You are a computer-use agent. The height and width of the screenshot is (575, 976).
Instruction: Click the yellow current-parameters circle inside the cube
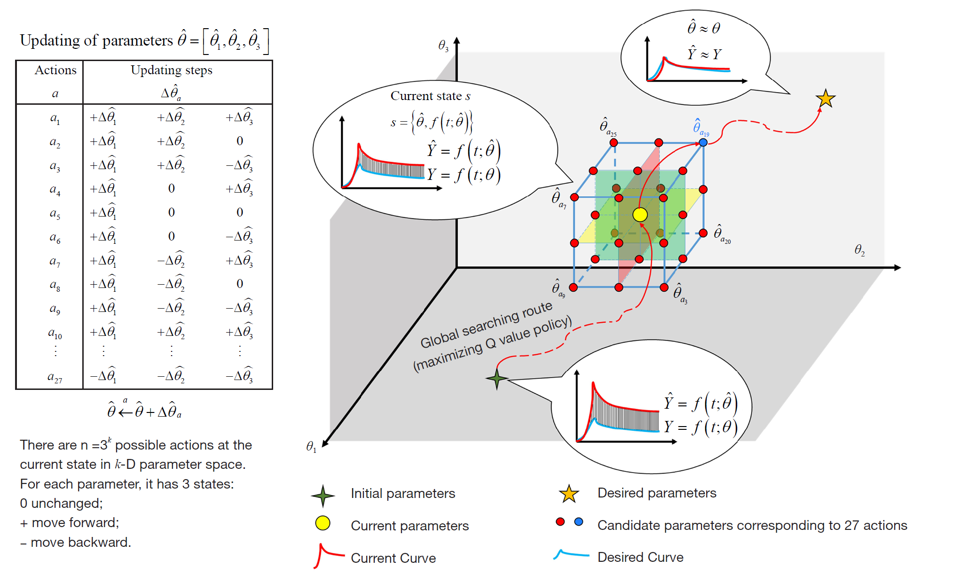coord(640,215)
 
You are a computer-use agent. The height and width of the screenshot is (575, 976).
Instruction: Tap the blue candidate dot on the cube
coord(703,142)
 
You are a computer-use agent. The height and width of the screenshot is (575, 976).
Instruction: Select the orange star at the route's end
coord(826,99)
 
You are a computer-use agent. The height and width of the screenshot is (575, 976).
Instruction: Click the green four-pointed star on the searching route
coord(497,378)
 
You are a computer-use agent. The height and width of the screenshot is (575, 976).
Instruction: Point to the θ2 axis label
coord(859,250)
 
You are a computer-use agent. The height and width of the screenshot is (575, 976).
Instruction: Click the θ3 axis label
coord(443,46)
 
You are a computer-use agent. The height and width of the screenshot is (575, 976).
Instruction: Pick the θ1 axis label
coord(311,446)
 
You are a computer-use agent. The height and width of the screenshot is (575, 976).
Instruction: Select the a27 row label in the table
coord(55,377)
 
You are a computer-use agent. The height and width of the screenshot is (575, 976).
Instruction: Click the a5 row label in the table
coord(55,213)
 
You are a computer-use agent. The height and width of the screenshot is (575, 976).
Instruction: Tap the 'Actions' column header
coord(55,70)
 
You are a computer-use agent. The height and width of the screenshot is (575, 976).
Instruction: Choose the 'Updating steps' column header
coord(172,70)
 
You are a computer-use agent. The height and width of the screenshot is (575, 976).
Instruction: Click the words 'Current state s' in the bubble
coord(430,96)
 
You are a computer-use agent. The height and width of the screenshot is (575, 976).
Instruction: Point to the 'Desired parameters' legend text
coord(657,493)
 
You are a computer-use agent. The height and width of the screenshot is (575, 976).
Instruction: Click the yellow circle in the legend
coord(323,523)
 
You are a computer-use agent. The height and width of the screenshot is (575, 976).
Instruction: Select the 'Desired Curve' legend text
coord(640,557)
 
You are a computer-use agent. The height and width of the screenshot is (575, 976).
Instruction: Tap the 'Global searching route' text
coord(486,325)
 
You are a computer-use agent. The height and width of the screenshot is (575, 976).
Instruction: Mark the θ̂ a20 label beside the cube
coord(722,233)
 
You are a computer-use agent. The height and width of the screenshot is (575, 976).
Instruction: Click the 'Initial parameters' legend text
coord(403,493)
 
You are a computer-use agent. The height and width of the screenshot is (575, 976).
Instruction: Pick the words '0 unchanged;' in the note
coord(61,503)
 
